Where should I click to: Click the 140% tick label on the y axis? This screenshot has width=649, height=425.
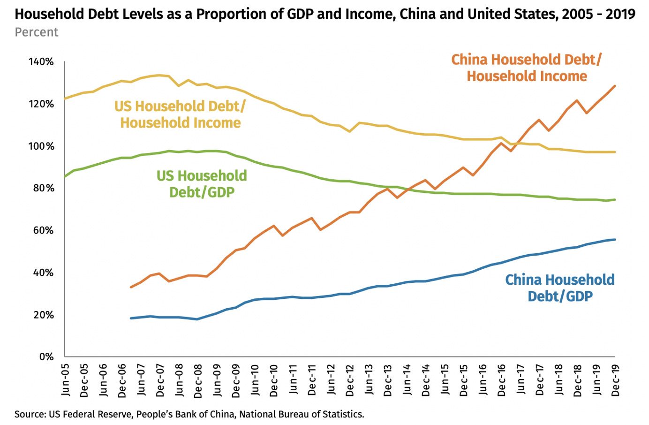pos(41,62)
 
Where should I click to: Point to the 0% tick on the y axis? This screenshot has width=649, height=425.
pos(46,357)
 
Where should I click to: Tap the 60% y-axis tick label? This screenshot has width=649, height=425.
pos(43,230)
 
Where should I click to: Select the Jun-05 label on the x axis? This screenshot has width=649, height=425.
pos(65,380)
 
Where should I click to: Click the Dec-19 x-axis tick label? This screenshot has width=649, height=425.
pos(615,380)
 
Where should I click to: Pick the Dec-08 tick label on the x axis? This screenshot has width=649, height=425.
pos(198,380)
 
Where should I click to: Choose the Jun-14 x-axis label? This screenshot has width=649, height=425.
pos(407,380)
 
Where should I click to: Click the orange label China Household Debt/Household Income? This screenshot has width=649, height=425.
pos(527,68)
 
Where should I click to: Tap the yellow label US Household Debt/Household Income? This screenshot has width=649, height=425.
pos(180,114)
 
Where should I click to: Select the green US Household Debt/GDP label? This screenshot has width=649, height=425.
pos(202,184)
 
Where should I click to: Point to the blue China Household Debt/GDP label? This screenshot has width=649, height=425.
pos(560,288)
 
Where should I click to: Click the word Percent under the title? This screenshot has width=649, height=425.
pos(36,32)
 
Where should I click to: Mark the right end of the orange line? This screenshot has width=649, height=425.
pos(615,86)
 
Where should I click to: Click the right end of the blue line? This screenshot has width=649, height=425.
pos(615,240)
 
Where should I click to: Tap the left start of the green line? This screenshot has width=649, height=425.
pos(65,176)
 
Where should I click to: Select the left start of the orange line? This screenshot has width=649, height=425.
pos(131,287)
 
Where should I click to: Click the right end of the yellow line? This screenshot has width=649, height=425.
pos(615,152)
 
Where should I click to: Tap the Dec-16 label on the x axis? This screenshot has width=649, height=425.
pos(501,380)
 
